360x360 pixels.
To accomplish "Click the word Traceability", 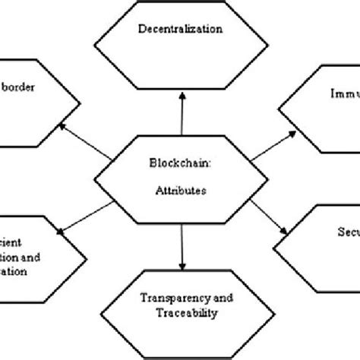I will click(x=179, y=311).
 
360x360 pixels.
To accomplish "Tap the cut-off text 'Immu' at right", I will click(x=342, y=97).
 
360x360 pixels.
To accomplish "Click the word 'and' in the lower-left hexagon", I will click(x=39, y=257).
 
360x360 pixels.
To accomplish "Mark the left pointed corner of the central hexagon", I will click(x=93, y=179).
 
